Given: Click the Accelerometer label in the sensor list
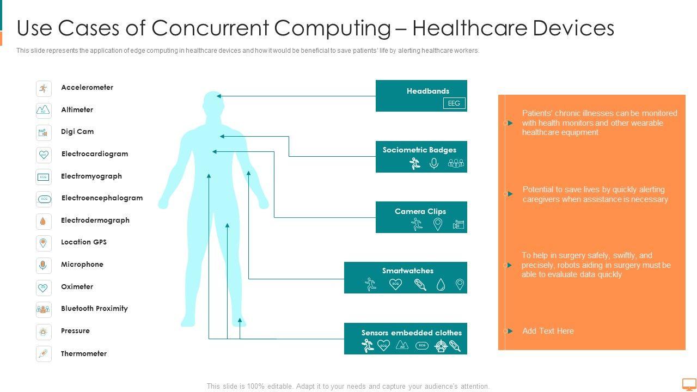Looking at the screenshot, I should [x=87, y=88].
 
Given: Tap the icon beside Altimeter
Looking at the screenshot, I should [x=44, y=111].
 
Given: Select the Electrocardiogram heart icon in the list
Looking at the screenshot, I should [x=44, y=155].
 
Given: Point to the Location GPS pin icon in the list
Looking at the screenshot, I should [x=44, y=243].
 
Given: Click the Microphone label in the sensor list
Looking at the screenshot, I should [x=82, y=265].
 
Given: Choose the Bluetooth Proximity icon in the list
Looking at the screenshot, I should [x=44, y=309].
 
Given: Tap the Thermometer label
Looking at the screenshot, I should [x=84, y=354].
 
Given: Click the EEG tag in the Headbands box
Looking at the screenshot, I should [x=454, y=103].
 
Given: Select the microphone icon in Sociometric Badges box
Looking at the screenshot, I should [x=434, y=163].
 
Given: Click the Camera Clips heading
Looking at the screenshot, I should [x=420, y=211].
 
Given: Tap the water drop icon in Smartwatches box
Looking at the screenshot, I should [x=441, y=284].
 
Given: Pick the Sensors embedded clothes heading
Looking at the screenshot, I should [x=412, y=333].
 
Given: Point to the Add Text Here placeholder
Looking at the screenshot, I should [x=548, y=331].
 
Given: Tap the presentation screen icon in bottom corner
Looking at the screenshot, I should [x=689, y=384].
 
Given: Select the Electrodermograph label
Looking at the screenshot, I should [x=95, y=220].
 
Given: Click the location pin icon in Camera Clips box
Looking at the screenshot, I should [x=438, y=224].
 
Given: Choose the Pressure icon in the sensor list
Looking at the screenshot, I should [x=44, y=332].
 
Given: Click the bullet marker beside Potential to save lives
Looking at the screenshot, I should [x=509, y=194].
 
